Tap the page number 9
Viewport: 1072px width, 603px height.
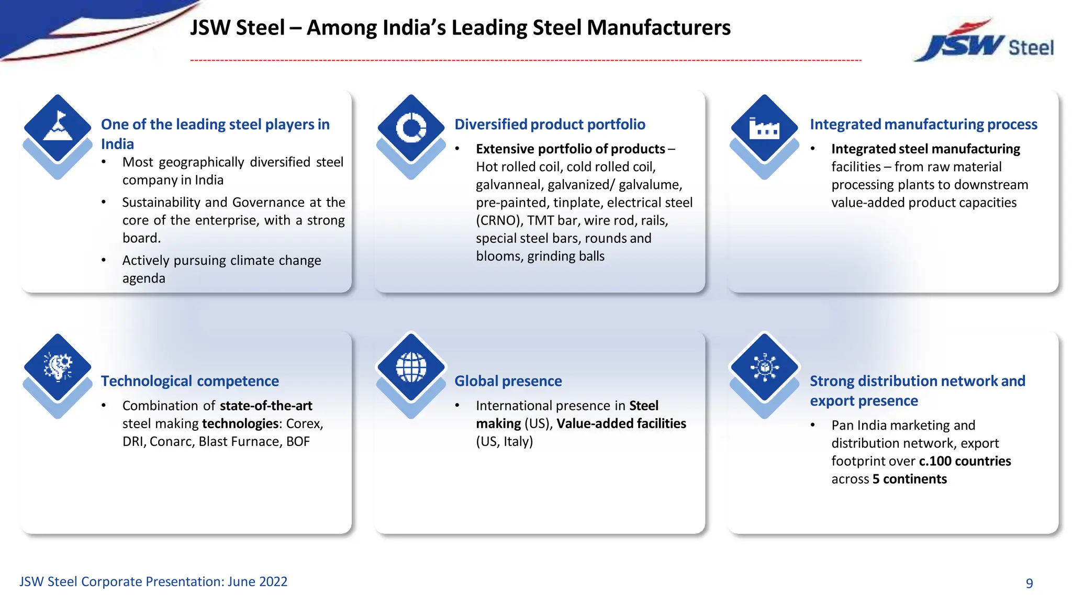pyautogui.click(x=1029, y=583)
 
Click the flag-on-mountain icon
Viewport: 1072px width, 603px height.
pyautogui.click(x=58, y=127)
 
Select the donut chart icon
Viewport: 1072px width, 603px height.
pyautogui.click(x=411, y=127)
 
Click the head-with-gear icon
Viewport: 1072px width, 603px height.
pyautogui.click(x=58, y=366)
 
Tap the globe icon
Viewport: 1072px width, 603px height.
pyautogui.click(x=411, y=366)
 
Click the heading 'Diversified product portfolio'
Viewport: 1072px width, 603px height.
pyautogui.click(x=550, y=125)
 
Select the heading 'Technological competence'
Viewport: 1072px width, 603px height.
pyautogui.click(x=189, y=381)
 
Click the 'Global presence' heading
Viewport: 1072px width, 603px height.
pyautogui.click(x=508, y=381)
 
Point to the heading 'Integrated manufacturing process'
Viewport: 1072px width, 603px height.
pyautogui.click(x=923, y=125)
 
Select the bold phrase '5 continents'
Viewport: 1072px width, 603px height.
pyautogui.click(x=909, y=479)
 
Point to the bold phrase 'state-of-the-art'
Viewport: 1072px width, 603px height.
pyautogui.click(x=266, y=406)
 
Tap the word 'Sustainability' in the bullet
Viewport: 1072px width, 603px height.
pyautogui.click(x=161, y=203)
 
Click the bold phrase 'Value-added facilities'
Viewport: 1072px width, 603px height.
pyautogui.click(x=621, y=423)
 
